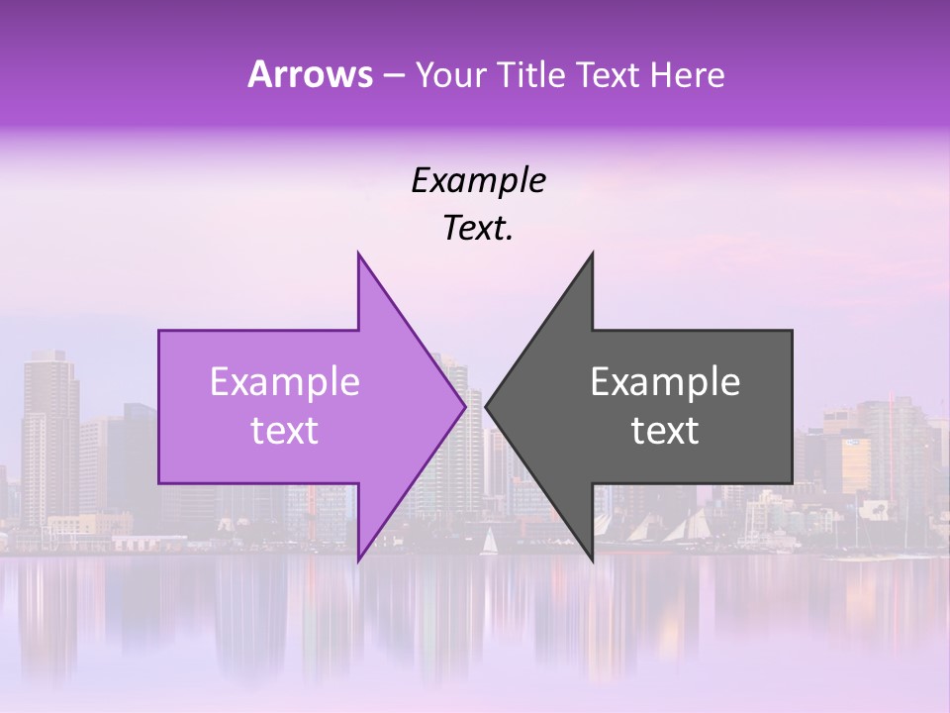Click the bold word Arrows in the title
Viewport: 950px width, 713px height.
(310, 74)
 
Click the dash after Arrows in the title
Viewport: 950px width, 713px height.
(394, 76)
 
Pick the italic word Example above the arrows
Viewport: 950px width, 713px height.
(478, 181)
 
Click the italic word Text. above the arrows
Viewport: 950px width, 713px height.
(478, 229)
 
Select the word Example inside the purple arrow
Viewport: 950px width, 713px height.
(285, 382)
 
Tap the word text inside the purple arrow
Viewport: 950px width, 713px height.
(285, 431)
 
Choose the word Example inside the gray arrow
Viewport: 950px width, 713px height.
(665, 382)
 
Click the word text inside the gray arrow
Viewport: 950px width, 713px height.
(665, 431)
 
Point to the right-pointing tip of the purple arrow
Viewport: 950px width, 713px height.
(464, 406)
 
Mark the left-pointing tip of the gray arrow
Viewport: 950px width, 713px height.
(487, 406)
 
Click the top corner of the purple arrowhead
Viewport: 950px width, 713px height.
(359, 255)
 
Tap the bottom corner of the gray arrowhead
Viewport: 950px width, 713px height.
(592, 560)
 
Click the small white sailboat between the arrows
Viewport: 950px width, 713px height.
(488, 542)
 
